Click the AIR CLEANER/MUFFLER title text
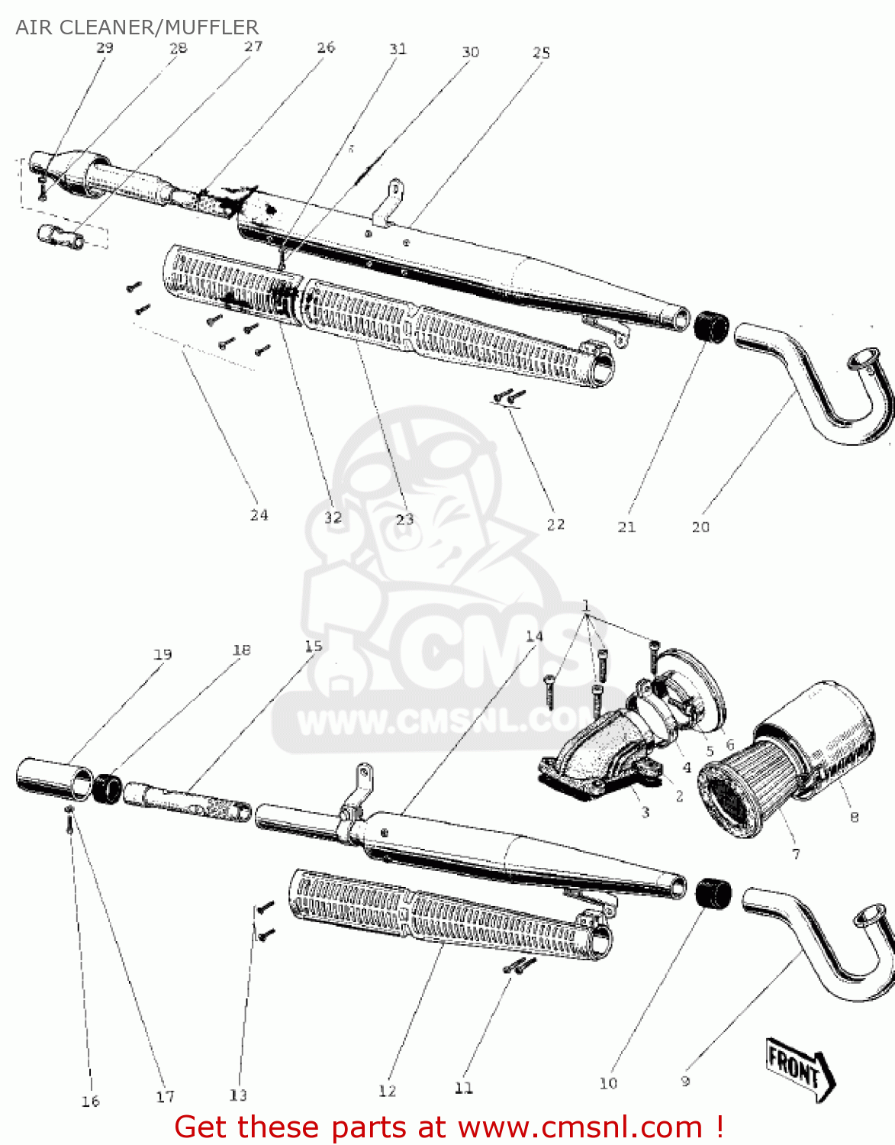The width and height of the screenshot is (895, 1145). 137,27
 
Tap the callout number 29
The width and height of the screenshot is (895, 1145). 105,47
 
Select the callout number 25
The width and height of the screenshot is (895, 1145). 541,52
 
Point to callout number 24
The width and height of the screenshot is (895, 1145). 259,515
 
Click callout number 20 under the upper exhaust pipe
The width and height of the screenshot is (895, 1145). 700,527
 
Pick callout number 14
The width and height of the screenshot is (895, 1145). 534,636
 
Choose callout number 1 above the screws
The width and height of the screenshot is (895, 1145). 586,606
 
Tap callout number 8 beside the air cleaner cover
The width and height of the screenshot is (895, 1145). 854,817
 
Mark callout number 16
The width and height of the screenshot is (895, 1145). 90,1101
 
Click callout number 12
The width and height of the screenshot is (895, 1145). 387,1091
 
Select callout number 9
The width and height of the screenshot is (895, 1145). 685,1081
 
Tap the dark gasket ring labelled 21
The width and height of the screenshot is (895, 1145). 712,327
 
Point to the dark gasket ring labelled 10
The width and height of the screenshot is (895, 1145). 713,893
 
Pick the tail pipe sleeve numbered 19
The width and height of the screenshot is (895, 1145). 53,779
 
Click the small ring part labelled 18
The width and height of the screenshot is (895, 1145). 108,789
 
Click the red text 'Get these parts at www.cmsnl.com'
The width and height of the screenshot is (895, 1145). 449,1127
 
